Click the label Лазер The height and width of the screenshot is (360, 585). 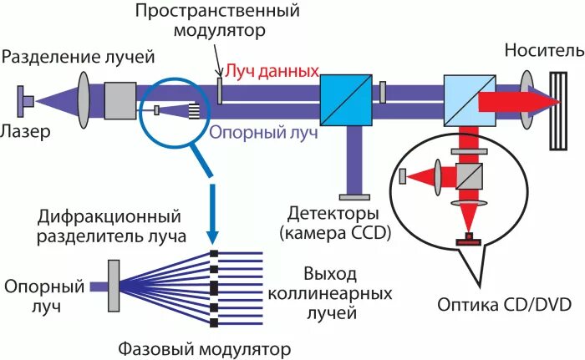click(27, 131)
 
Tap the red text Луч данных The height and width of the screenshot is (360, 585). click(269, 72)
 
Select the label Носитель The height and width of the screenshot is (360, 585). click(543, 52)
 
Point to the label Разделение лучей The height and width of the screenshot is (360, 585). click(79, 57)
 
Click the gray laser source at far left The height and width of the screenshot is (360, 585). click(25, 101)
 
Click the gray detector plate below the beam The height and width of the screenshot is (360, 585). click(355, 195)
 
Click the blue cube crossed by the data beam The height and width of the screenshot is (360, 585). click(343, 99)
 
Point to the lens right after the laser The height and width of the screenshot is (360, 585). click(85, 100)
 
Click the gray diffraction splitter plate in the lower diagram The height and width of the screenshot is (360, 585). click(114, 286)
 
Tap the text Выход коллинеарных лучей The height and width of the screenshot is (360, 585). click(328, 294)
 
